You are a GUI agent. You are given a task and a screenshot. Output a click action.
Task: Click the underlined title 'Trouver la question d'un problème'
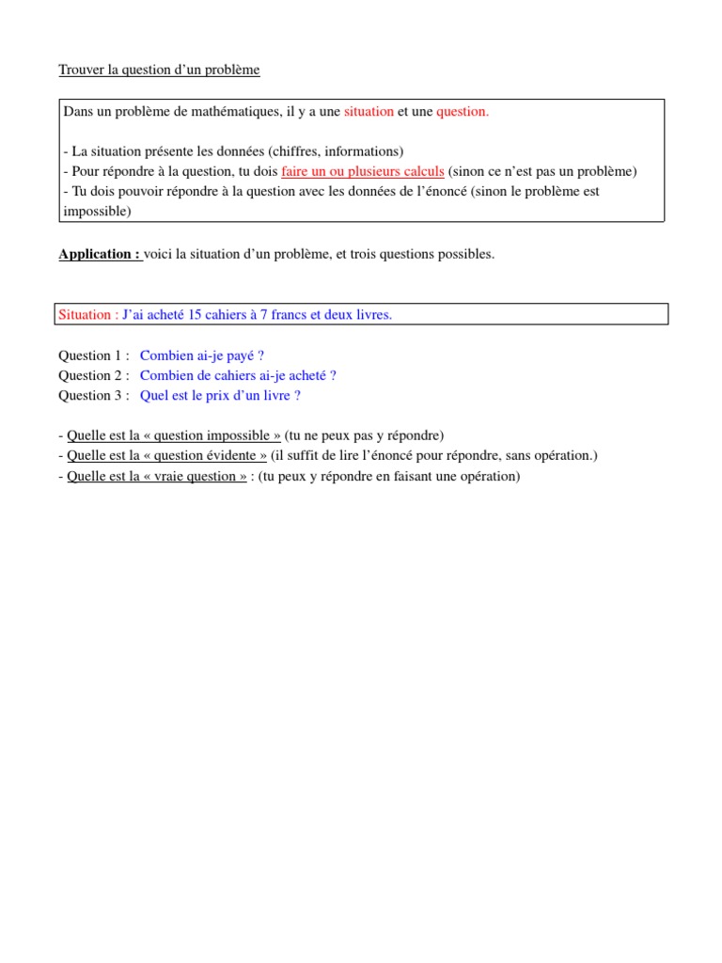(159, 71)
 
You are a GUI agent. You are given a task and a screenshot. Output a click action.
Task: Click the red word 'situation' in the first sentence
(369, 112)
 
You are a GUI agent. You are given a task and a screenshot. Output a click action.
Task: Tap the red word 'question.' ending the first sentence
(463, 112)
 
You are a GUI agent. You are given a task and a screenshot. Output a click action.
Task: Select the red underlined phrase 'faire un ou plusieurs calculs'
(363, 171)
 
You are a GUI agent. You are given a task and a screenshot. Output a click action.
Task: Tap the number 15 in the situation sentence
(196, 315)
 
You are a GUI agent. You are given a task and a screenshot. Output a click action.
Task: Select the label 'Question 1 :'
(94, 355)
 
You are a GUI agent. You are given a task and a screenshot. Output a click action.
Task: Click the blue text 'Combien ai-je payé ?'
(202, 355)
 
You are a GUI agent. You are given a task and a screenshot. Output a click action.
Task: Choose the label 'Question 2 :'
(94, 375)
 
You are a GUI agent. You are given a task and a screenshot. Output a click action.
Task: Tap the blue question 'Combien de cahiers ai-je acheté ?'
(238, 375)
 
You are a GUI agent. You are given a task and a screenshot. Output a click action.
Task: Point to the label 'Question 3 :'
(94, 395)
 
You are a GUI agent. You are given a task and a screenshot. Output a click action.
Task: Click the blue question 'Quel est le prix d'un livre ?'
(220, 395)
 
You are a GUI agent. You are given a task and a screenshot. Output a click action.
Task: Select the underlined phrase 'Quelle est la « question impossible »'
(174, 435)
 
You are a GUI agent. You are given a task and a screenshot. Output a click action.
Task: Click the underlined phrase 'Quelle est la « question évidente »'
(167, 455)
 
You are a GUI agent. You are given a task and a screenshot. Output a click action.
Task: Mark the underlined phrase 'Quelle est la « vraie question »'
(157, 476)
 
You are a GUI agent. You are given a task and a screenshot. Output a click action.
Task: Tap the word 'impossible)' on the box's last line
(98, 212)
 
